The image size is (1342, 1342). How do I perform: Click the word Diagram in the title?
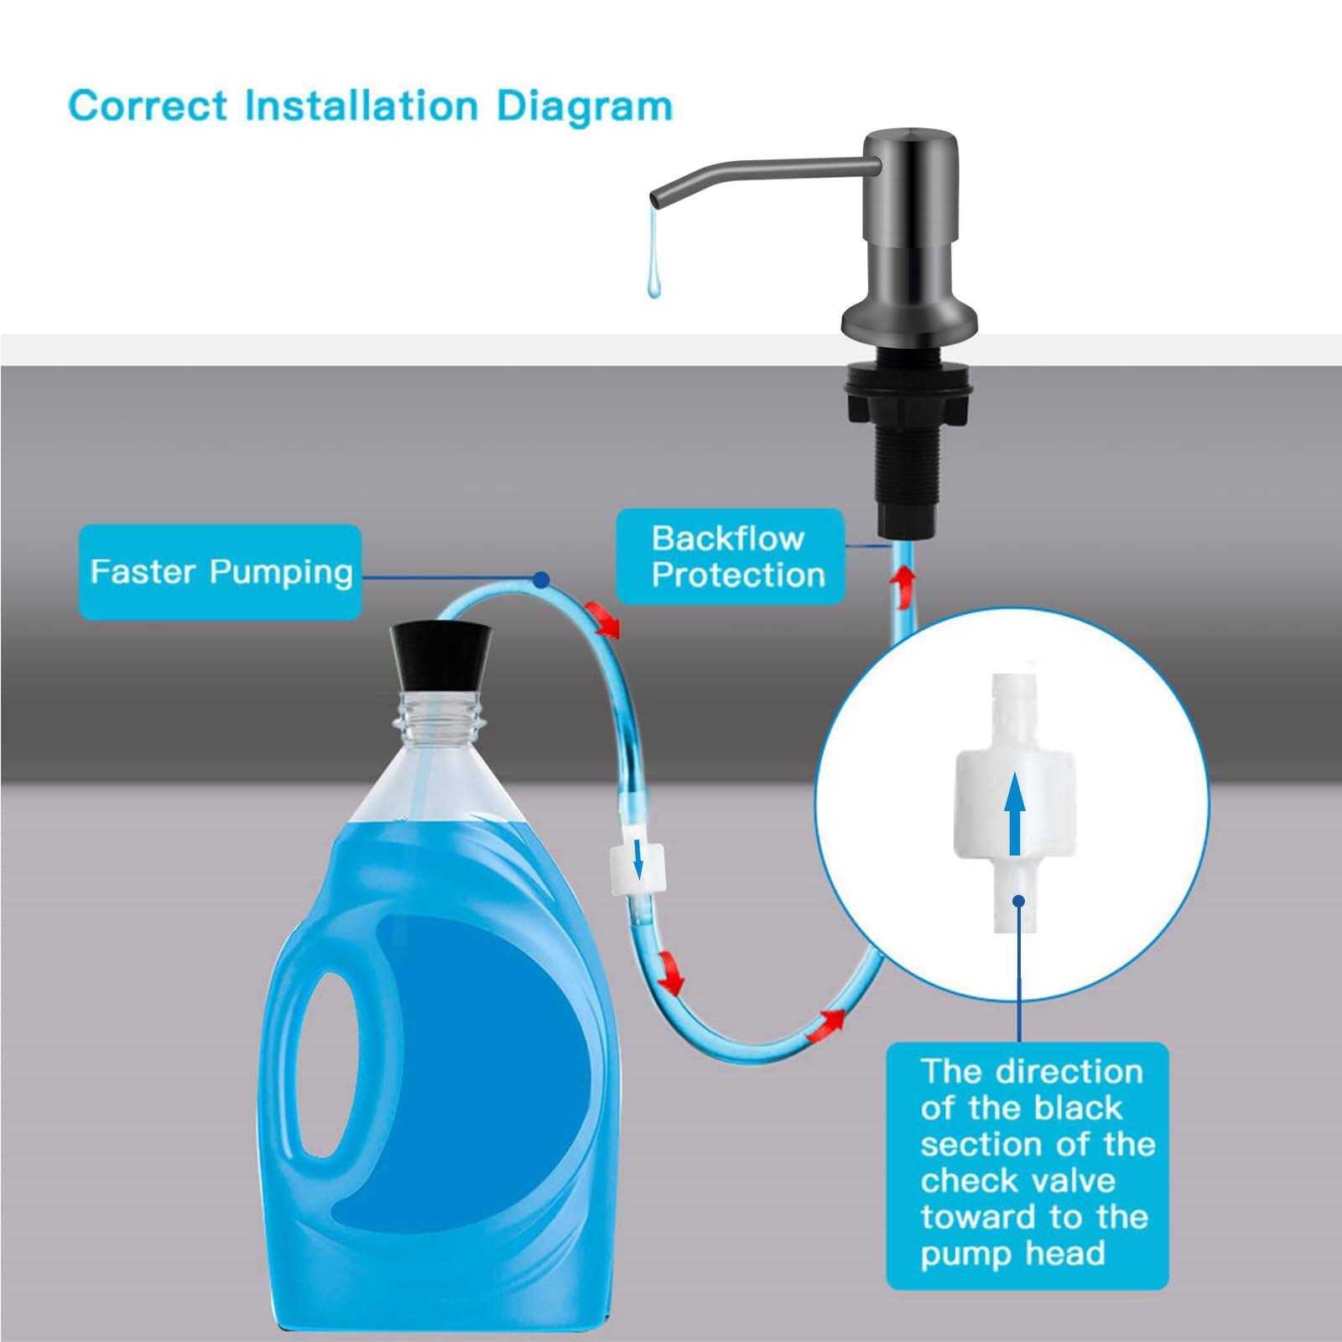(x=585, y=107)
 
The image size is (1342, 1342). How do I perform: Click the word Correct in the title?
(x=148, y=106)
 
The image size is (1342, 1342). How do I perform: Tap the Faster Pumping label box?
(x=221, y=572)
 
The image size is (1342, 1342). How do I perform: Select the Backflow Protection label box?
(x=730, y=556)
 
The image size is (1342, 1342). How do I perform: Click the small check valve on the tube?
(x=637, y=869)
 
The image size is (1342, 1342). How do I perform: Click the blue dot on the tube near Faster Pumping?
(x=542, y=580)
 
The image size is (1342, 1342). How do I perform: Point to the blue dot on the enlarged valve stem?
(x=1019, y=902)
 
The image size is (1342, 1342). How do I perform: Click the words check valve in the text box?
(x=1017, y=1181)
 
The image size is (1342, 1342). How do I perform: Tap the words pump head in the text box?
(x=1012, y=1254)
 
